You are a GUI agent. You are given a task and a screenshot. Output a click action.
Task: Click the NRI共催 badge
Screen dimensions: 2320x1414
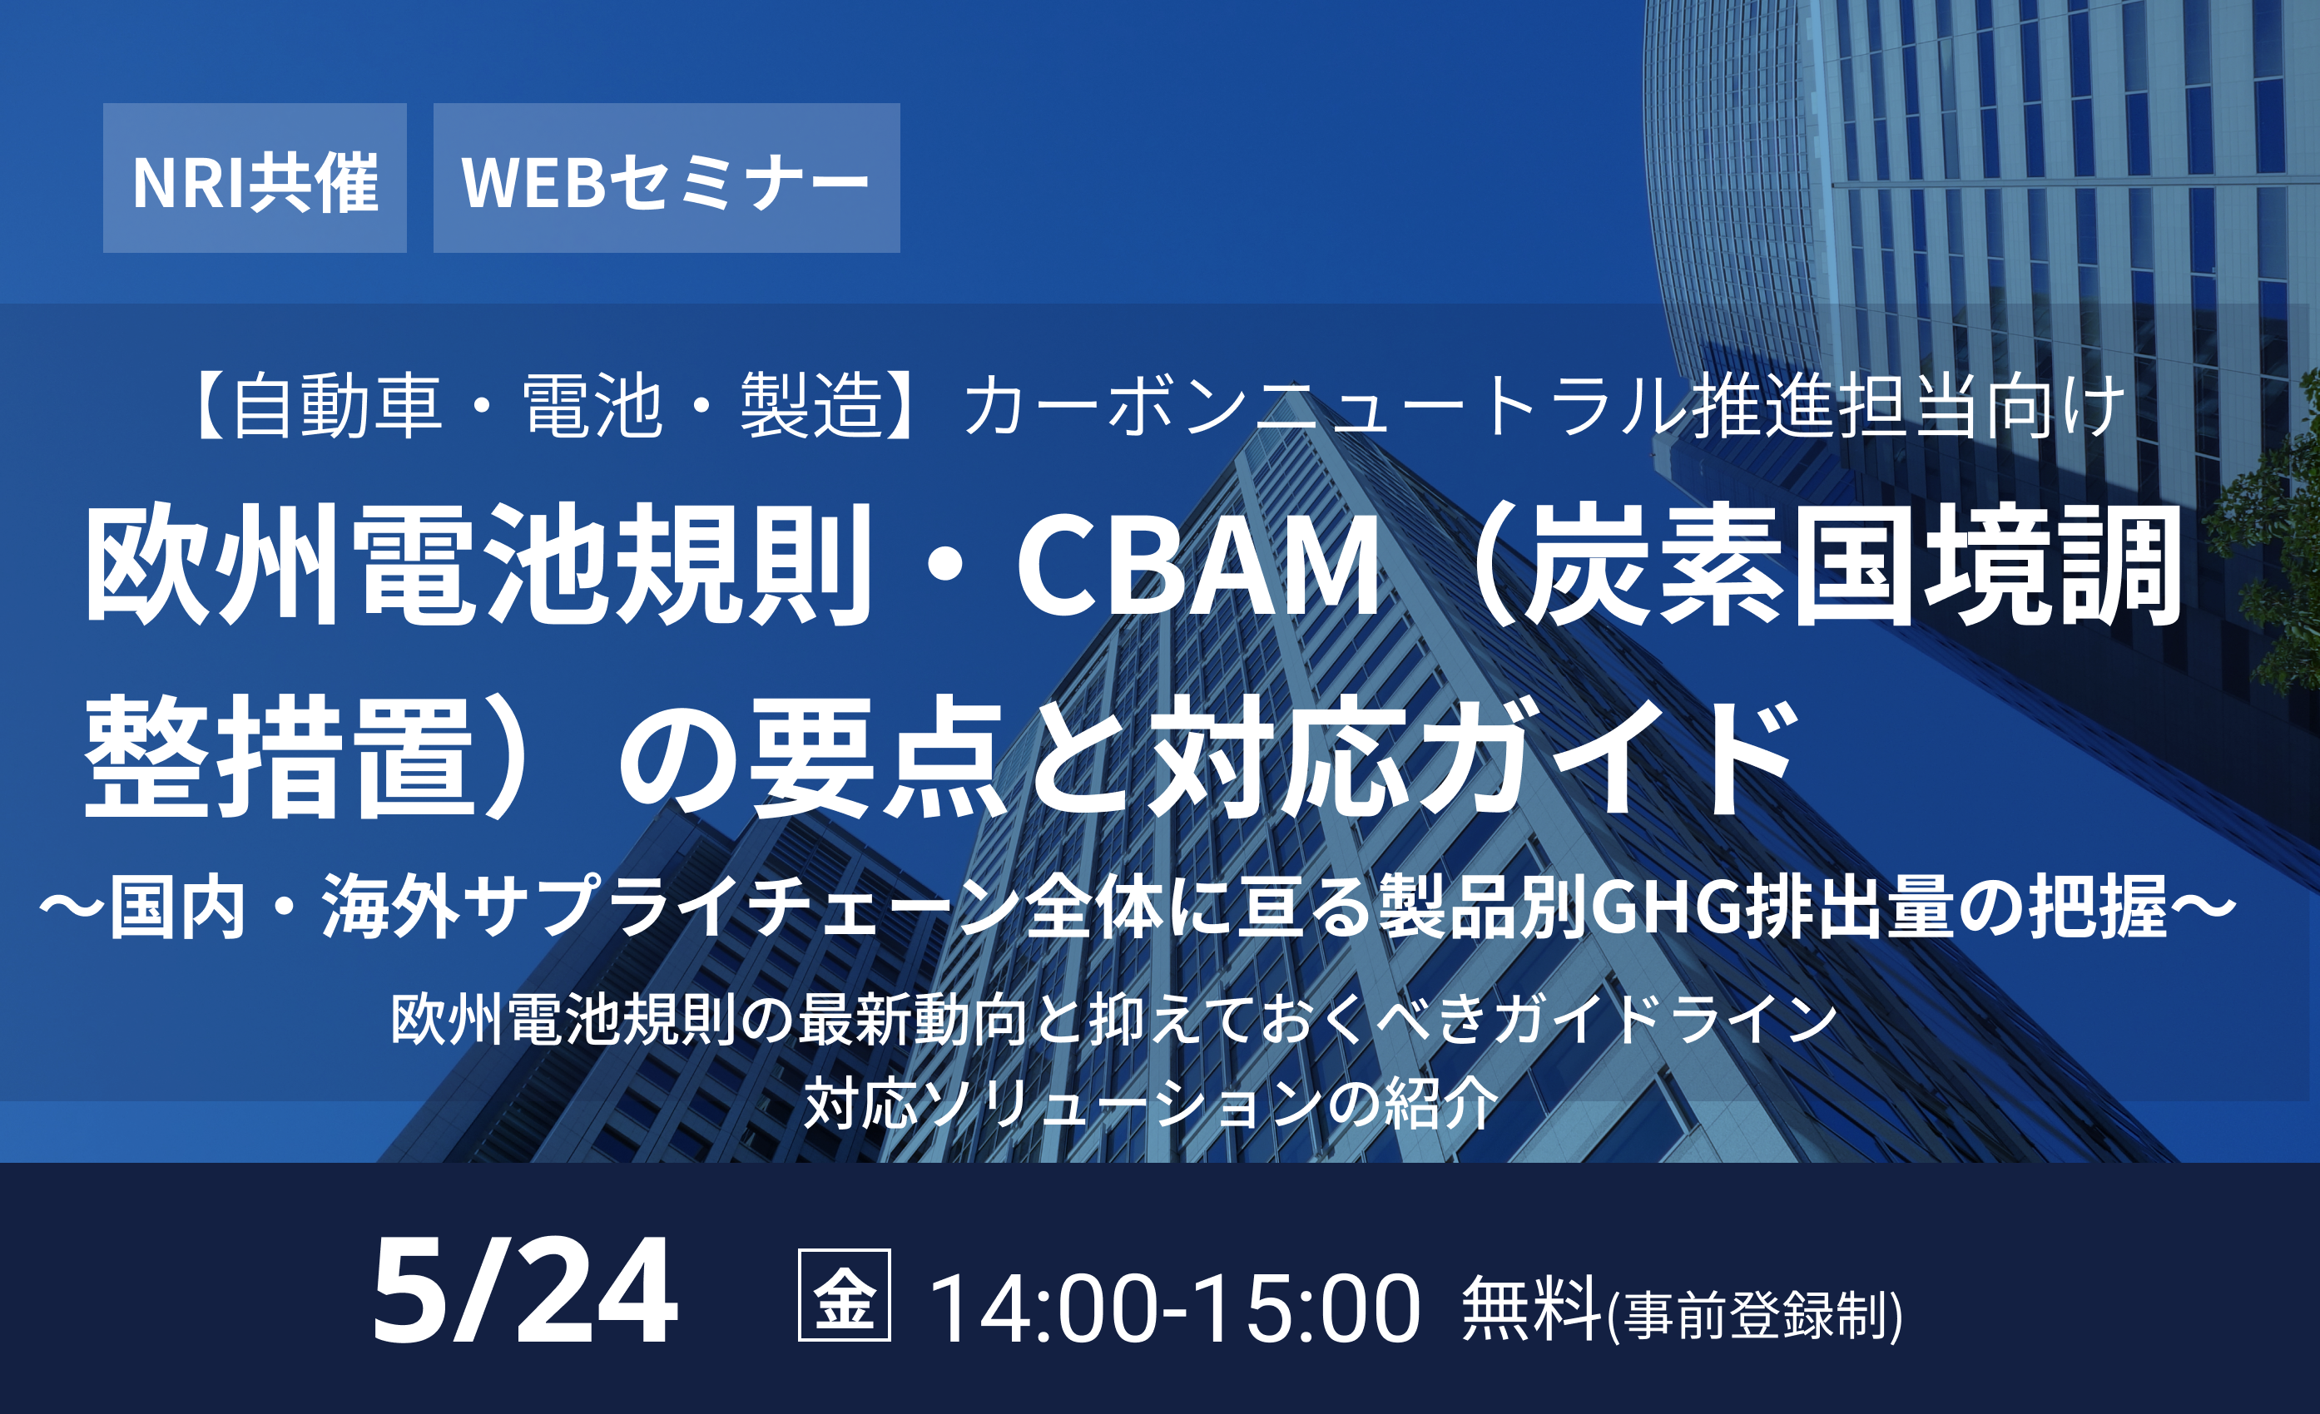pyautogui.click(x=255, y=178)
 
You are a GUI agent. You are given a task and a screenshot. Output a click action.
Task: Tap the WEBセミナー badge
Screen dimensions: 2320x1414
pyautogui.click(x=667, y=178)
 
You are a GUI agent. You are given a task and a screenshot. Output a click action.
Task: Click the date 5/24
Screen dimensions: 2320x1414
pyautogui.click(x=524, y=1291)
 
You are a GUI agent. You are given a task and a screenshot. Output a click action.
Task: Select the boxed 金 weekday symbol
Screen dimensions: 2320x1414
pyautogui.click(x=845, y=1294)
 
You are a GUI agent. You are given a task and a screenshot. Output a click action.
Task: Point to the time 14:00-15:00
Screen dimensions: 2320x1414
pyautogui.click(x=1175, y=1308)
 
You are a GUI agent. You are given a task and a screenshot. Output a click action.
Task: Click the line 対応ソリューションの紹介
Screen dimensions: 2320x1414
pyautogui.click(x=1151, y=1103)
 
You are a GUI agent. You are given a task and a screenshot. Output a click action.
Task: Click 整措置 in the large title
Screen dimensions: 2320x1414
pyautogui.click(x=279, y=757)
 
